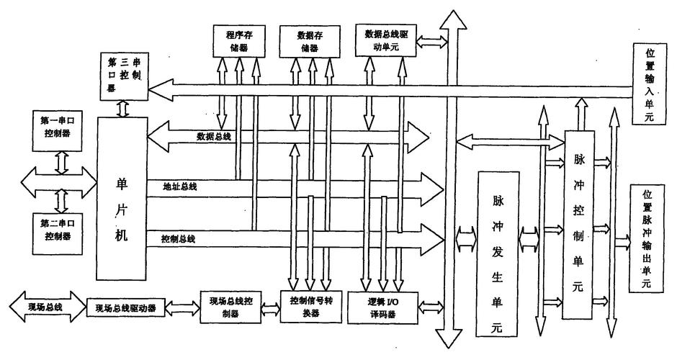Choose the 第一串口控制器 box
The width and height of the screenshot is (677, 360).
[x=58, y=128]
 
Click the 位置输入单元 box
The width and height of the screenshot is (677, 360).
[x=649, y=84]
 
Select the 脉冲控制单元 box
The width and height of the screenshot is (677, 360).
[x=579, y=225]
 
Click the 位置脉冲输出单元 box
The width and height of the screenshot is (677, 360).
[x=649, y=238]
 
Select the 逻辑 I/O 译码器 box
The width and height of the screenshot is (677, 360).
[x=382, y=307]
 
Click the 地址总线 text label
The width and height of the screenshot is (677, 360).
[x=181, y=186]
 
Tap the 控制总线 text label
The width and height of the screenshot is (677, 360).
[x=181, y=238]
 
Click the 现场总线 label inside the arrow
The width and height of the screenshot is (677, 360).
[x=45, y=308]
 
